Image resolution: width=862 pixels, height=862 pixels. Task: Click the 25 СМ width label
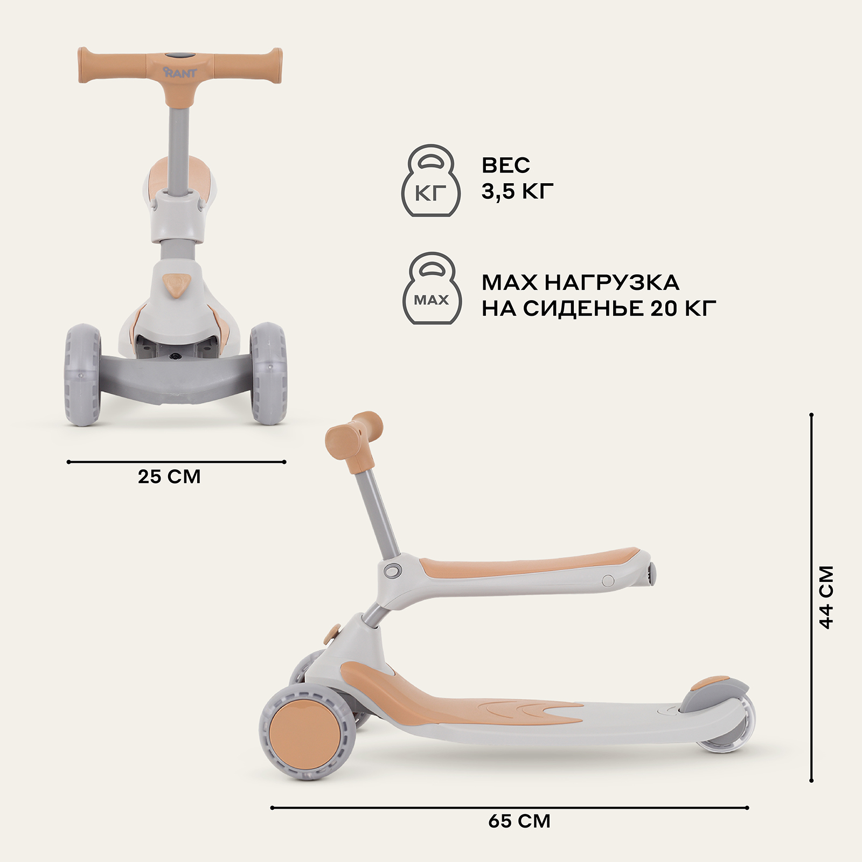coord(169,477)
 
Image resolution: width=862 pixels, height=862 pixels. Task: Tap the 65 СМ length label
coord(519,821)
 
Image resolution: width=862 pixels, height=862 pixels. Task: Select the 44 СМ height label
coord(826,597)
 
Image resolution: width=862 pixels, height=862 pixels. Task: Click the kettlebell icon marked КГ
coord(431,180)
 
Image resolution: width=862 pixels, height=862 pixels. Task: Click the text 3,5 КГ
coord(518,192)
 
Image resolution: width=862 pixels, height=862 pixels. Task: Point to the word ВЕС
coord(506,165)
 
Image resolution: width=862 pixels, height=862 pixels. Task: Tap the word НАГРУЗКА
coord(612,282)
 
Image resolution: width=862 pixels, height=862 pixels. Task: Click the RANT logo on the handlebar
coord(180,72)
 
